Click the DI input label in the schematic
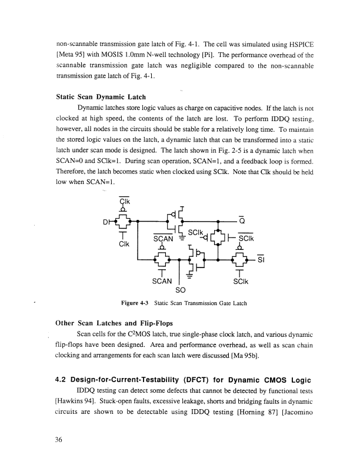(106, 222)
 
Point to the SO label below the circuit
(181, 290)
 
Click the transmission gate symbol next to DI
(124, 222)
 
